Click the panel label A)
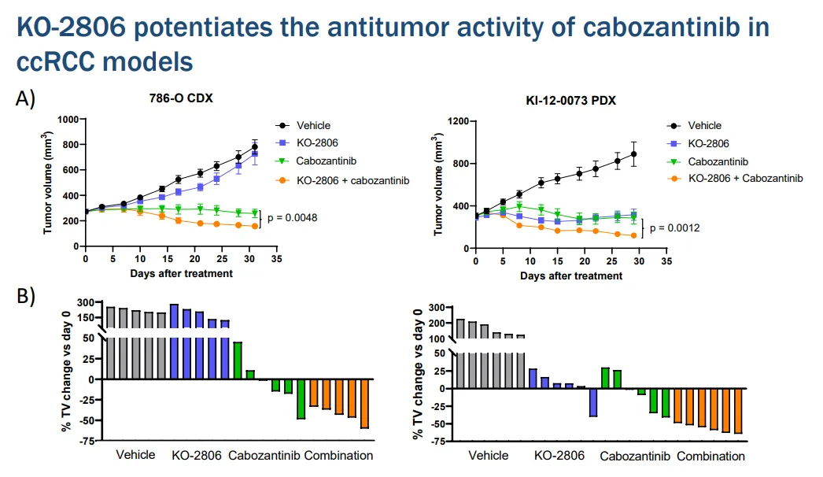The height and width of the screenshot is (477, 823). tap(26, 98)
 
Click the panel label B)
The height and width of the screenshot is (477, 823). tap(26, 298)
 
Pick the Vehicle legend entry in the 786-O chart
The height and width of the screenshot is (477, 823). tap(313, 125)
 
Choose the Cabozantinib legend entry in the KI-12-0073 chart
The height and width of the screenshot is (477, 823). tap(718, 161)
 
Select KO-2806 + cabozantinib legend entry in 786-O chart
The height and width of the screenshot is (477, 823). tap(353, 180)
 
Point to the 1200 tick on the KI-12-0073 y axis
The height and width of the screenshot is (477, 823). tap(456, 121)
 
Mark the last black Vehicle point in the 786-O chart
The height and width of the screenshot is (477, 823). tap(255, 147)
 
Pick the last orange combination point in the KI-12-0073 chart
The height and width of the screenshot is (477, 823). tap(633, 235)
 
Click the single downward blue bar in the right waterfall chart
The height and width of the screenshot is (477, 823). tap(593, 402)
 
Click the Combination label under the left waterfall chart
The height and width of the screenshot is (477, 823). tap(338, 456)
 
